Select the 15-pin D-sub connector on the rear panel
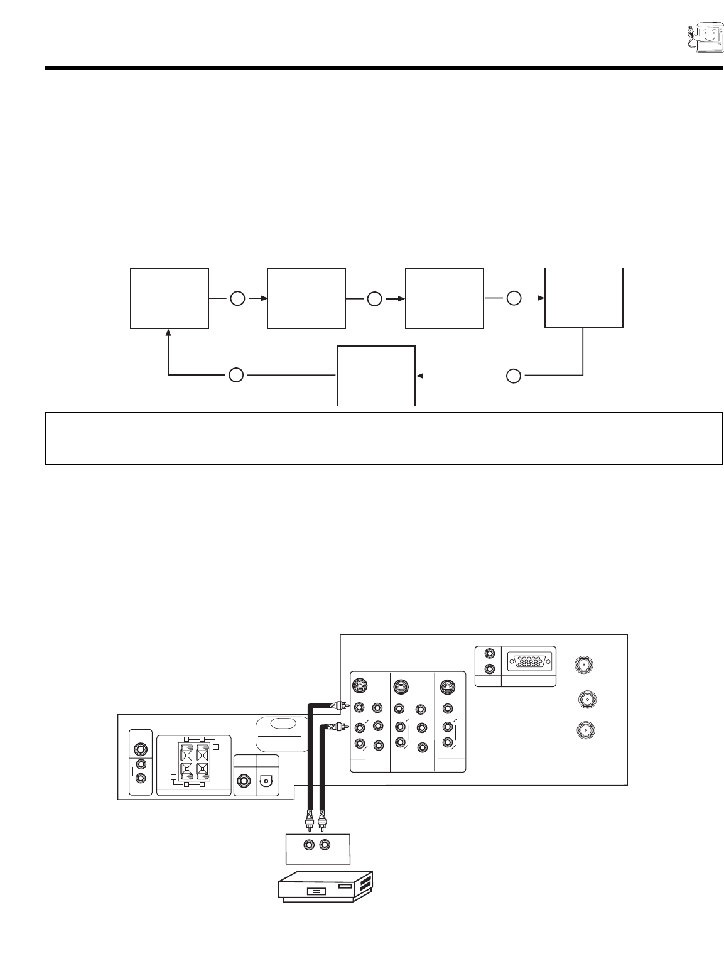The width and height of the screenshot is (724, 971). pos(531,662)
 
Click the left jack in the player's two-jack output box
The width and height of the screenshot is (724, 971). pos(308,845)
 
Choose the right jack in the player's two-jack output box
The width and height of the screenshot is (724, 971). pos(324,845)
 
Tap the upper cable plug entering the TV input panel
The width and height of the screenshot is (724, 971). pos(340,706)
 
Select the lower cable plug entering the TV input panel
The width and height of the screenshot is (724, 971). pos(340,727)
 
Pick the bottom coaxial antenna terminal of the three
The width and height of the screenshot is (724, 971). pos(584,730)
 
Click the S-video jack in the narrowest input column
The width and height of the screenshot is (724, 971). pos(446,686)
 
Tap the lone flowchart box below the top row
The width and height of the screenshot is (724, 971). pos(376,376)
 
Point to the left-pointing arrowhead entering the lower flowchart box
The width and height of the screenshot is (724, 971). pos(419,376)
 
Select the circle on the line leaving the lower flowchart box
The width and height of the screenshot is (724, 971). pos(235,376)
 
